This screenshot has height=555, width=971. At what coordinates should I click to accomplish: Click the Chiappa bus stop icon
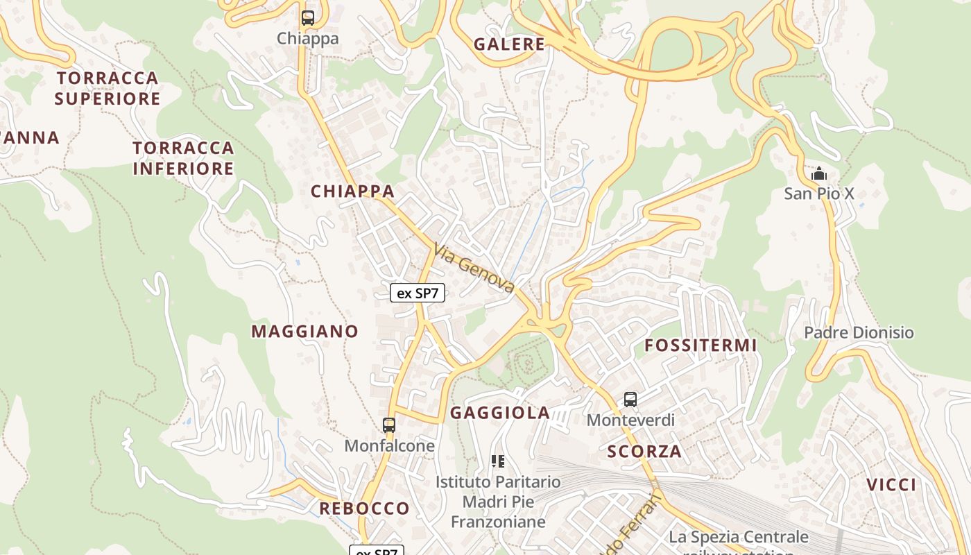click(307, 18)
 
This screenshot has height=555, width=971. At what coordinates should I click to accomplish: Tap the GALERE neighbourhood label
click(509, 44)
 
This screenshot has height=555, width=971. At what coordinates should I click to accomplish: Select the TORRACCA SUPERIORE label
click(108, 88)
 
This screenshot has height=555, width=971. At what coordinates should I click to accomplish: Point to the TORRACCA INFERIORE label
click(184, 158)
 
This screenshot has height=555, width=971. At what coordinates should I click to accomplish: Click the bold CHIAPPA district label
click(352, 191)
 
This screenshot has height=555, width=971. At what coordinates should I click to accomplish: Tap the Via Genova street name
click(474, 268)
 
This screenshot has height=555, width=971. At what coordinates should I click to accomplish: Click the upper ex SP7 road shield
click(418, 293)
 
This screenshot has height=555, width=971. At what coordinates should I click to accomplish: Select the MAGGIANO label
click(304, 332)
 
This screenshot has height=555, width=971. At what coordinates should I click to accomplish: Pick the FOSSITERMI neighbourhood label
click(701, 345)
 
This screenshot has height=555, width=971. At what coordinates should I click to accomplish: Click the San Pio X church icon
click(819, 173)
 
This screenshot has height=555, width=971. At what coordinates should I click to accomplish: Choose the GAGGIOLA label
click(500, 413)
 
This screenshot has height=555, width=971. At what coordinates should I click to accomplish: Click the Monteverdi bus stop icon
click(630, 400)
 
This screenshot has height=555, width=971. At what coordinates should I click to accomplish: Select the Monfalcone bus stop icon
click(389, 425)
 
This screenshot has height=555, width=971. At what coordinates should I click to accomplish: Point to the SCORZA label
click(644, 452)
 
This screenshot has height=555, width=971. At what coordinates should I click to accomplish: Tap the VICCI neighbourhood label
click(891, 485)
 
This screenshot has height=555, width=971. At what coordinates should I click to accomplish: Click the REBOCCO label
click(364, 509)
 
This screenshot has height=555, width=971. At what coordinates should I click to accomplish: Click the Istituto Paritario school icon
click(497, 461)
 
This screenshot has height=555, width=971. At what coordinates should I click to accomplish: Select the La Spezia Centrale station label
click(738, 538)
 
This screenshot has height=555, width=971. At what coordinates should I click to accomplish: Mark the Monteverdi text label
click(630, 420)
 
